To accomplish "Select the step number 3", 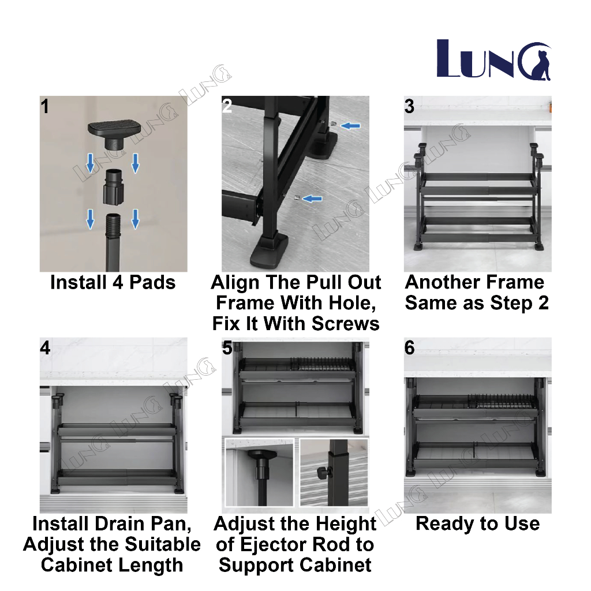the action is tap(409, 107).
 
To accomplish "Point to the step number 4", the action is tap(46, 349).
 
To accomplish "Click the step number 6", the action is tap(409, 349).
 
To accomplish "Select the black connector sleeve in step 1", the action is tap(113, 186).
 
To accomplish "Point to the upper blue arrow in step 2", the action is tap(350, 125).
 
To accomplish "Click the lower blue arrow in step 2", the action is tap(312, 199).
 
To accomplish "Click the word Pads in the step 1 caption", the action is tap(152, 283).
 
